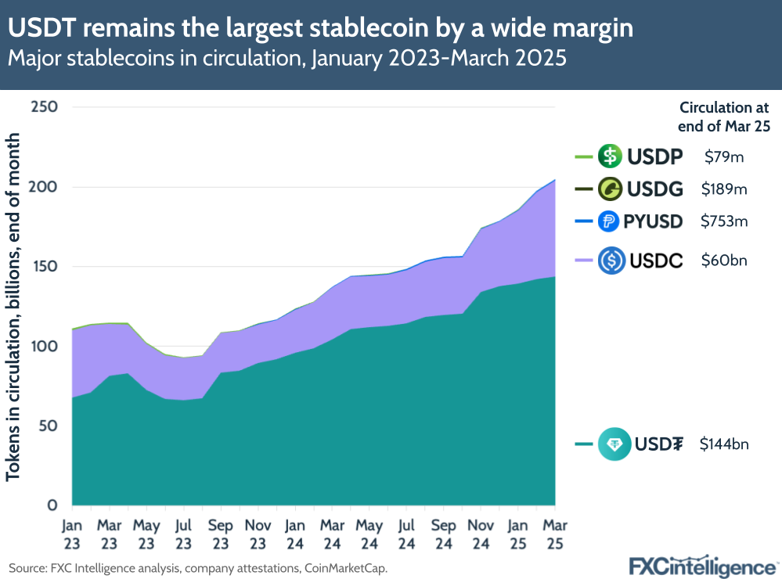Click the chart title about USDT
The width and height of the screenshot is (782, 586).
point(321,29)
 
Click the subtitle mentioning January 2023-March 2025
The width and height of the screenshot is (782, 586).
point(286,59)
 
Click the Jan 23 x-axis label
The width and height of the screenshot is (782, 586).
point(70,532)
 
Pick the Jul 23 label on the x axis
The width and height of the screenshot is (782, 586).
point(183,532)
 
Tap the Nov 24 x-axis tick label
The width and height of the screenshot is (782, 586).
point(481,532)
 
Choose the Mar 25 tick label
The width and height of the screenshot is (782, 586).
point(555,532)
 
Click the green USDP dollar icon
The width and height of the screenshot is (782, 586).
point(610,156)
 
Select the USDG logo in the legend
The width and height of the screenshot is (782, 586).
point(610,189)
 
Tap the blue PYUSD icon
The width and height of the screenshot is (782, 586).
point(610,221)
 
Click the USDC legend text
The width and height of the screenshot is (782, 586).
point(655,261)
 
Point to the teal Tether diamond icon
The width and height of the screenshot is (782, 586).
point(614,444)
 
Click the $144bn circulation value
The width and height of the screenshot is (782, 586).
point(725,444)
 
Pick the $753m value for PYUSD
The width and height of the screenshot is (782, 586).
point(723,221)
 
